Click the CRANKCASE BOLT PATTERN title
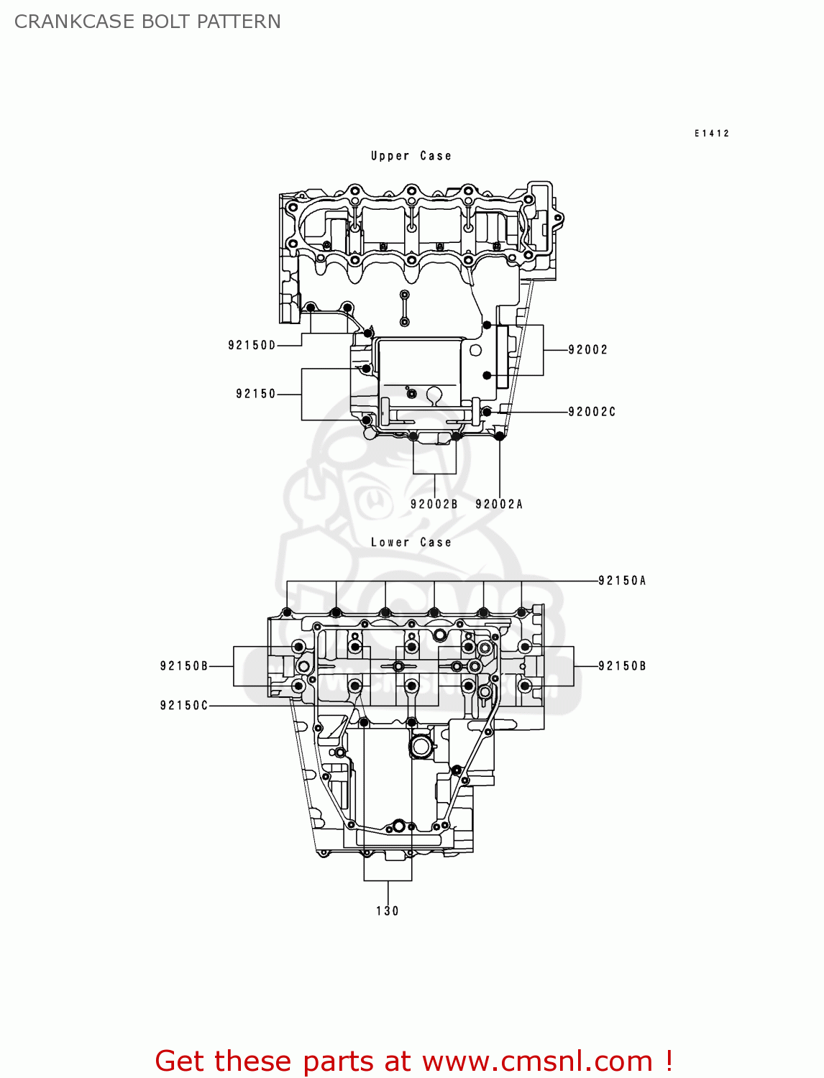click(x=147, y=22)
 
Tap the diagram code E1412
click(x=711, y=133)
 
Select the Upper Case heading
click(x=411, y=156)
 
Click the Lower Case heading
click(x=411, y=543)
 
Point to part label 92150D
click(x=252, y=346)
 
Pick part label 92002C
click(x=592, y=412)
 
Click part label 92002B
click(x=434, y=505)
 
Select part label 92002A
click(x=499, y=505)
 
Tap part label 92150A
click(x=622, y=581)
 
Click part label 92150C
click(x=184, y=706)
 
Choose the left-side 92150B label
click(x=184, y=666)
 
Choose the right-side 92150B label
click(x=622, y=666)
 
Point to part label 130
click(x=388, y=911)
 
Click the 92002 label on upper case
click(x=587, y=350)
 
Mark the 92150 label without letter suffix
click(x=256, y=394)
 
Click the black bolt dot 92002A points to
click(x=500, y=436)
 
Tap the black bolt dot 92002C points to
click(x=487, y=412)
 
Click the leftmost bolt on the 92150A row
click(x=287, y=612)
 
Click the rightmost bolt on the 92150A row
click(x=521, y=612)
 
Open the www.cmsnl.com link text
click(x=536, y=1061)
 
